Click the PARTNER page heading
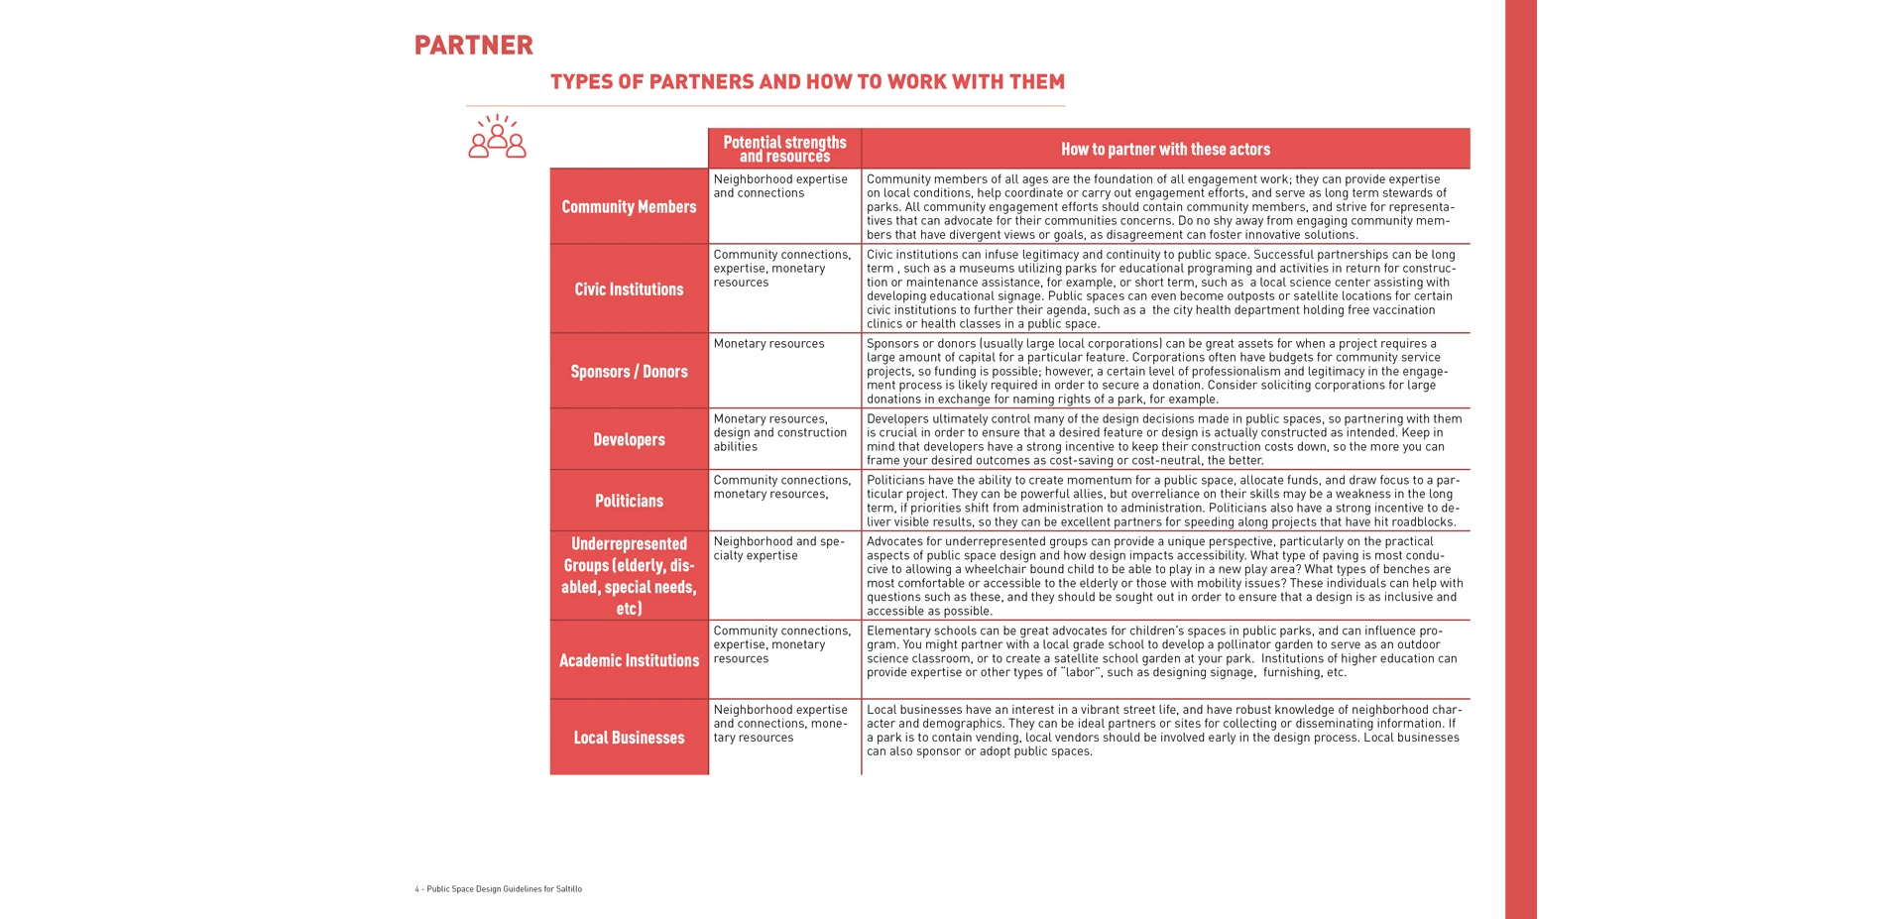(473, 46)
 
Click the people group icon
(497, 137)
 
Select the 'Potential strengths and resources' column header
(784, 149)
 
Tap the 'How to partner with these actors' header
(1165, 149)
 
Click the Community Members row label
(629, 207)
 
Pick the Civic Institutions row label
(629, 289)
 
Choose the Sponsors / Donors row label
(629, 372)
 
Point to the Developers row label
(629, 440)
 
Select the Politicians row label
(629, 502)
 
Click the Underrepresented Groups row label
(629, 576)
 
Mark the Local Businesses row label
(629, 738)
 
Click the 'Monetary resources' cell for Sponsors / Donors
(768, 344)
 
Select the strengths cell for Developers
(779, 433)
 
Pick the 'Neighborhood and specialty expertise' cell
(778, 549)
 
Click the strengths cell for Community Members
(779, 186)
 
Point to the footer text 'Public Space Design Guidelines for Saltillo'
(499, 889)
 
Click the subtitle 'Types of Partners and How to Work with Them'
(807, 82)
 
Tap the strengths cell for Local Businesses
(779, 724)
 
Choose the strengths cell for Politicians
(781, 488)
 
